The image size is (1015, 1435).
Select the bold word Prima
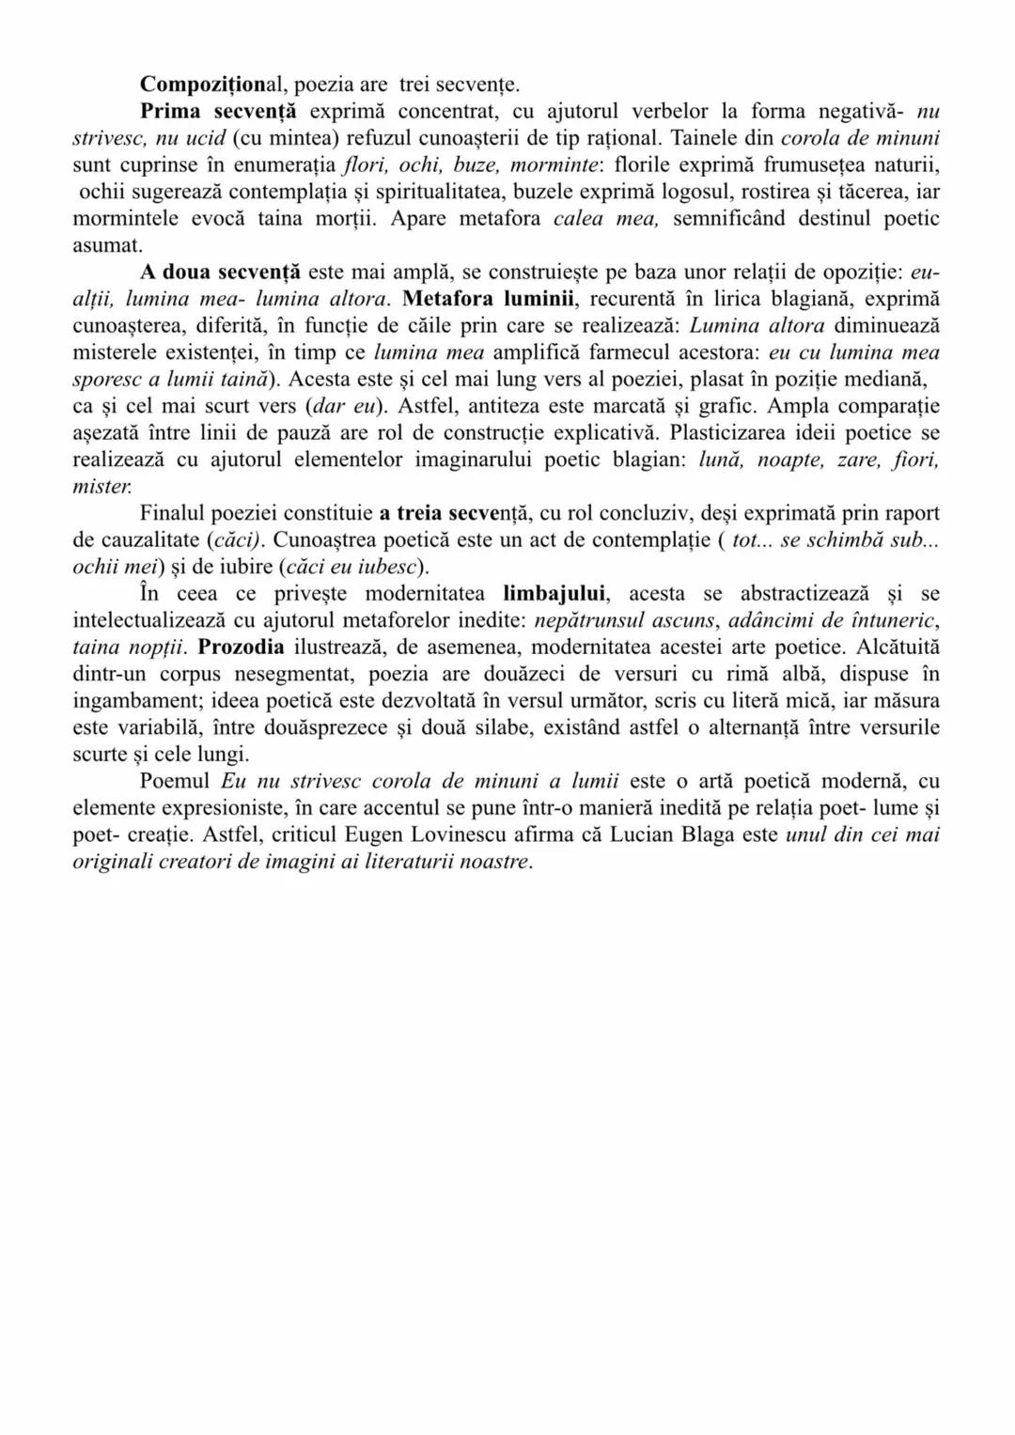172,112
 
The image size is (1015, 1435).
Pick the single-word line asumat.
107,245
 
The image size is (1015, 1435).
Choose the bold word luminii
529,299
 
